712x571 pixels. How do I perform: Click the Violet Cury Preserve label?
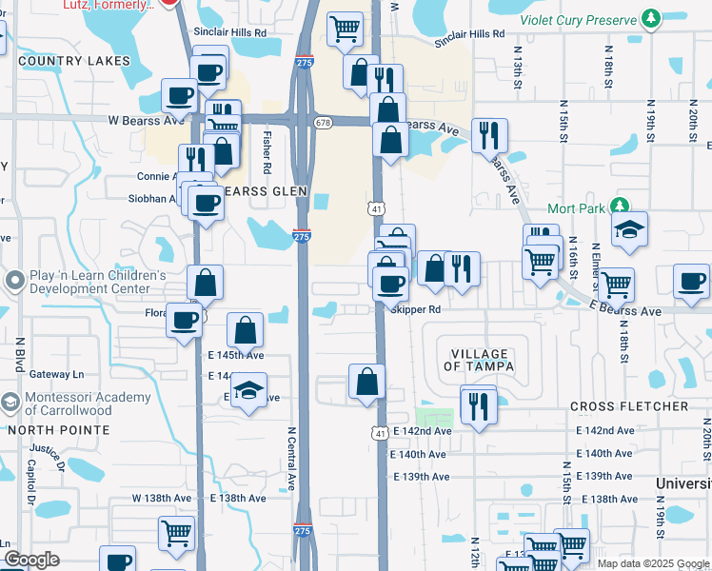[x=578, y=19]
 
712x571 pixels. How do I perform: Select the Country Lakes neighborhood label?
[x=73, y=61]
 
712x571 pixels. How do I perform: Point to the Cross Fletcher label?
[x=629, y=406]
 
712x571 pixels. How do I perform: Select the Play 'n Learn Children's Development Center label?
[x=90, y=282]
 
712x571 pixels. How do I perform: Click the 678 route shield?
[x=324, y=122]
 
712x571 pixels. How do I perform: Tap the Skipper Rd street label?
[x=416, y=309]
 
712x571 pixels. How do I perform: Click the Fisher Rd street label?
[x=267, y=152]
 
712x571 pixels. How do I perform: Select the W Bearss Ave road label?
[x=146, y=121]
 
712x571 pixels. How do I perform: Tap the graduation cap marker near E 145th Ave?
[x=248, y=390]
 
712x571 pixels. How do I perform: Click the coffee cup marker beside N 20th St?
[x=691, y=280]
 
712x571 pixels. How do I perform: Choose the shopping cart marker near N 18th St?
[x=616, y=283]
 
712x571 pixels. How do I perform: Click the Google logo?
[x=32, y=560]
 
